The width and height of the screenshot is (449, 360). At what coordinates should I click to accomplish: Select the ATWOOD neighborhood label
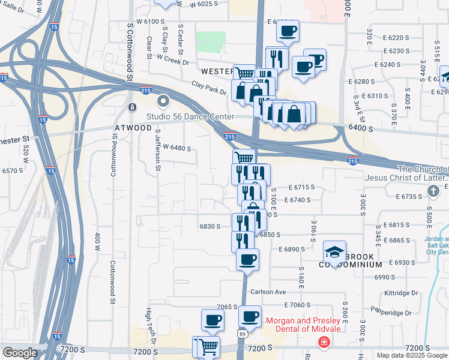(133, 128)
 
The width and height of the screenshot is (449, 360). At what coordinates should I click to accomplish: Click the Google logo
(20, 353)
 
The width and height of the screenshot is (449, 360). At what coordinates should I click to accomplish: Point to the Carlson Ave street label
(268, 292)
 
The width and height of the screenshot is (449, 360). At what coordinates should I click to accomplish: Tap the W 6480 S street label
(176, 148)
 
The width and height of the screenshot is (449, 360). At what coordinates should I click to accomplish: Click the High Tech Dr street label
(151, 326)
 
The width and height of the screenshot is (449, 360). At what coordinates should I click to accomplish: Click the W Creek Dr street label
(173, 61)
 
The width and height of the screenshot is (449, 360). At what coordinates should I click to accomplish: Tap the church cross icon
(434, 191)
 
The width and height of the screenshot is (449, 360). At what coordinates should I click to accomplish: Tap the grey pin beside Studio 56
(163, 100)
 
